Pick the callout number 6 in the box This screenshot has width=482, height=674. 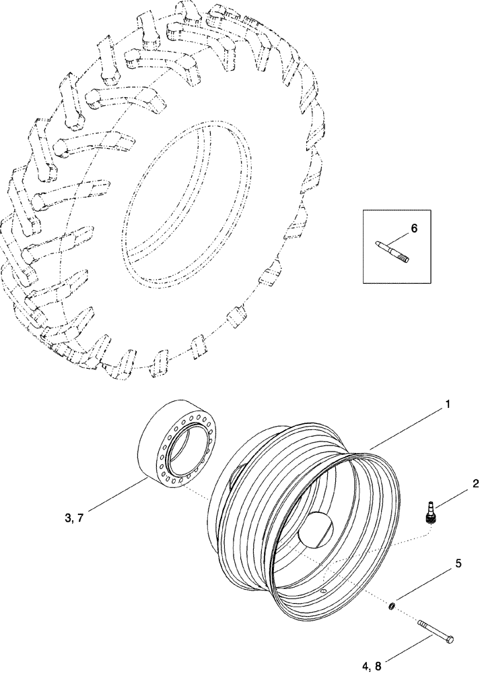click(x=414, y=228)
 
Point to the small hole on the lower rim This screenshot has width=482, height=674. click(x=322, y=592)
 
